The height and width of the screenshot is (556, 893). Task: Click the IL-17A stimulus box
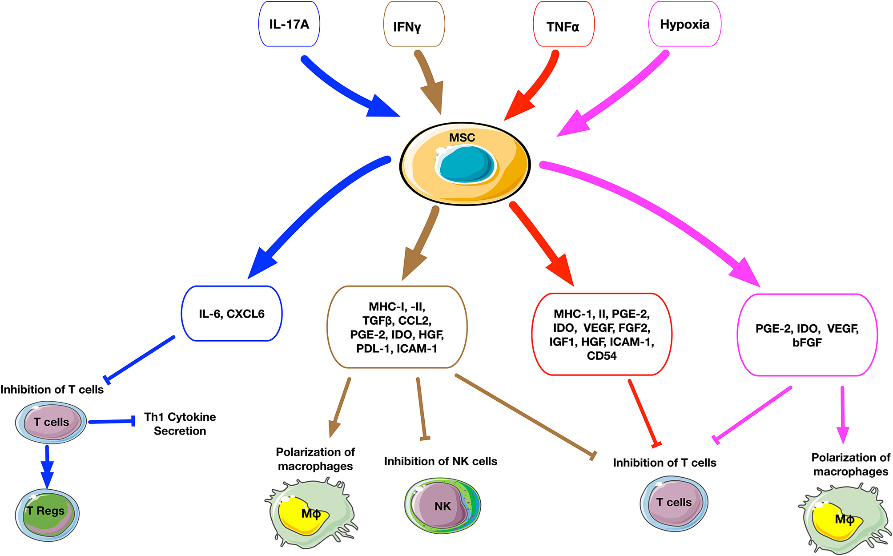(x=289, y=24)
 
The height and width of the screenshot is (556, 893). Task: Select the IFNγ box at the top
(x=414, y=24)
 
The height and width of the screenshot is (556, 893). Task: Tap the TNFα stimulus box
(x=563, y=24)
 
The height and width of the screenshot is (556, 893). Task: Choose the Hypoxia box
(x=685, y=24)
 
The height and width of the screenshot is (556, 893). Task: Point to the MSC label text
(x=462, y=138)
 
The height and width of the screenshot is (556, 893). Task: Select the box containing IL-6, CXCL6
(x=232, y=314)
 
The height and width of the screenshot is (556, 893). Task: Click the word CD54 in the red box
(x=602, y=356)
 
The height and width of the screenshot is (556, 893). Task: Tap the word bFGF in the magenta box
(x=807, y=342)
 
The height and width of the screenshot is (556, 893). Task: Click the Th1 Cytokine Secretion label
(x=180, y=423)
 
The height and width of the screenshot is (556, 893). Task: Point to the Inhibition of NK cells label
(x=440, y=461)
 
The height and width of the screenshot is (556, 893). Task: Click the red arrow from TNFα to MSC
(x=534, y=89)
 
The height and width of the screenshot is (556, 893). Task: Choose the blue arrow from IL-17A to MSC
(x=347, y=89)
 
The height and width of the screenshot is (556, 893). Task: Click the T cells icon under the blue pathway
(x=51, y=422)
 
